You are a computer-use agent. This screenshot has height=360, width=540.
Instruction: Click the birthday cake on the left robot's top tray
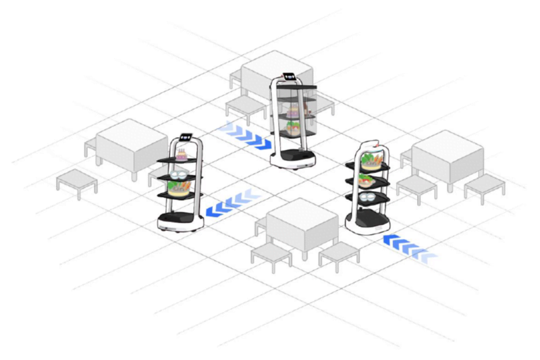click(181, 156)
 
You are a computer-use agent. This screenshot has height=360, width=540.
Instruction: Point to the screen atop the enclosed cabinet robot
click(290, 74)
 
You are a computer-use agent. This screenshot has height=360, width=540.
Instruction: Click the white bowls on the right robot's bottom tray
click(368, 197)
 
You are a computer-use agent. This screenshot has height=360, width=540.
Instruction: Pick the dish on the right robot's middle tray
click(367, 180)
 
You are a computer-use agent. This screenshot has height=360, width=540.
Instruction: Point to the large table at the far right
click(448, 155)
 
